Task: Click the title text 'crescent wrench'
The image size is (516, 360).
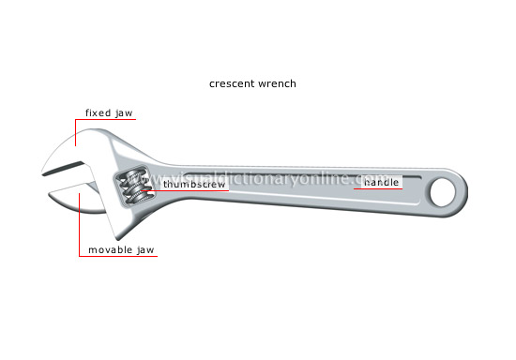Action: tap(252, 83)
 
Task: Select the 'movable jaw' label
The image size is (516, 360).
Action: tap(122, 250)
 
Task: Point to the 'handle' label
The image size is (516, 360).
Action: tap(382, 182)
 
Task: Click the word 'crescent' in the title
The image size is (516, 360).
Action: tap(231, 83)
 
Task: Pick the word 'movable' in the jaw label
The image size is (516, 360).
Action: tap(112, 250)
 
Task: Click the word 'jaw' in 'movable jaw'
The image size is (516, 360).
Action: tap(145, 250)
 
